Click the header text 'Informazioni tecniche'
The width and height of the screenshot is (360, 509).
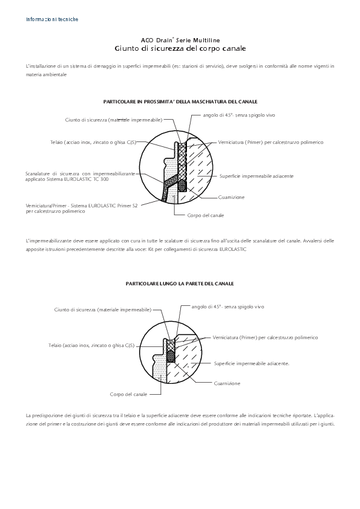52,19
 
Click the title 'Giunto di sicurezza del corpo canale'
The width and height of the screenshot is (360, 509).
180,48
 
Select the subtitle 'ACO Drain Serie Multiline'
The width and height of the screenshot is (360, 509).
180,39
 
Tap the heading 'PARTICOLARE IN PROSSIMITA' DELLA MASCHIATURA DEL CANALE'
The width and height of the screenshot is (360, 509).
180,102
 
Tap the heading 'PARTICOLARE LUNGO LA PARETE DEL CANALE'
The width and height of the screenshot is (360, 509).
180,283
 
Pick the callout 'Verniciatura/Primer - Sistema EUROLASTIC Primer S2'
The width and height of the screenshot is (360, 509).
82,206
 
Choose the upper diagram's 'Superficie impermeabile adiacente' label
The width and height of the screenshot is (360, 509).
256,176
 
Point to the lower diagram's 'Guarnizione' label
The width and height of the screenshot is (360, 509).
227,383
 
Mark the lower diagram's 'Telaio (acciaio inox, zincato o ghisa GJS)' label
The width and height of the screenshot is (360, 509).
91,345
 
